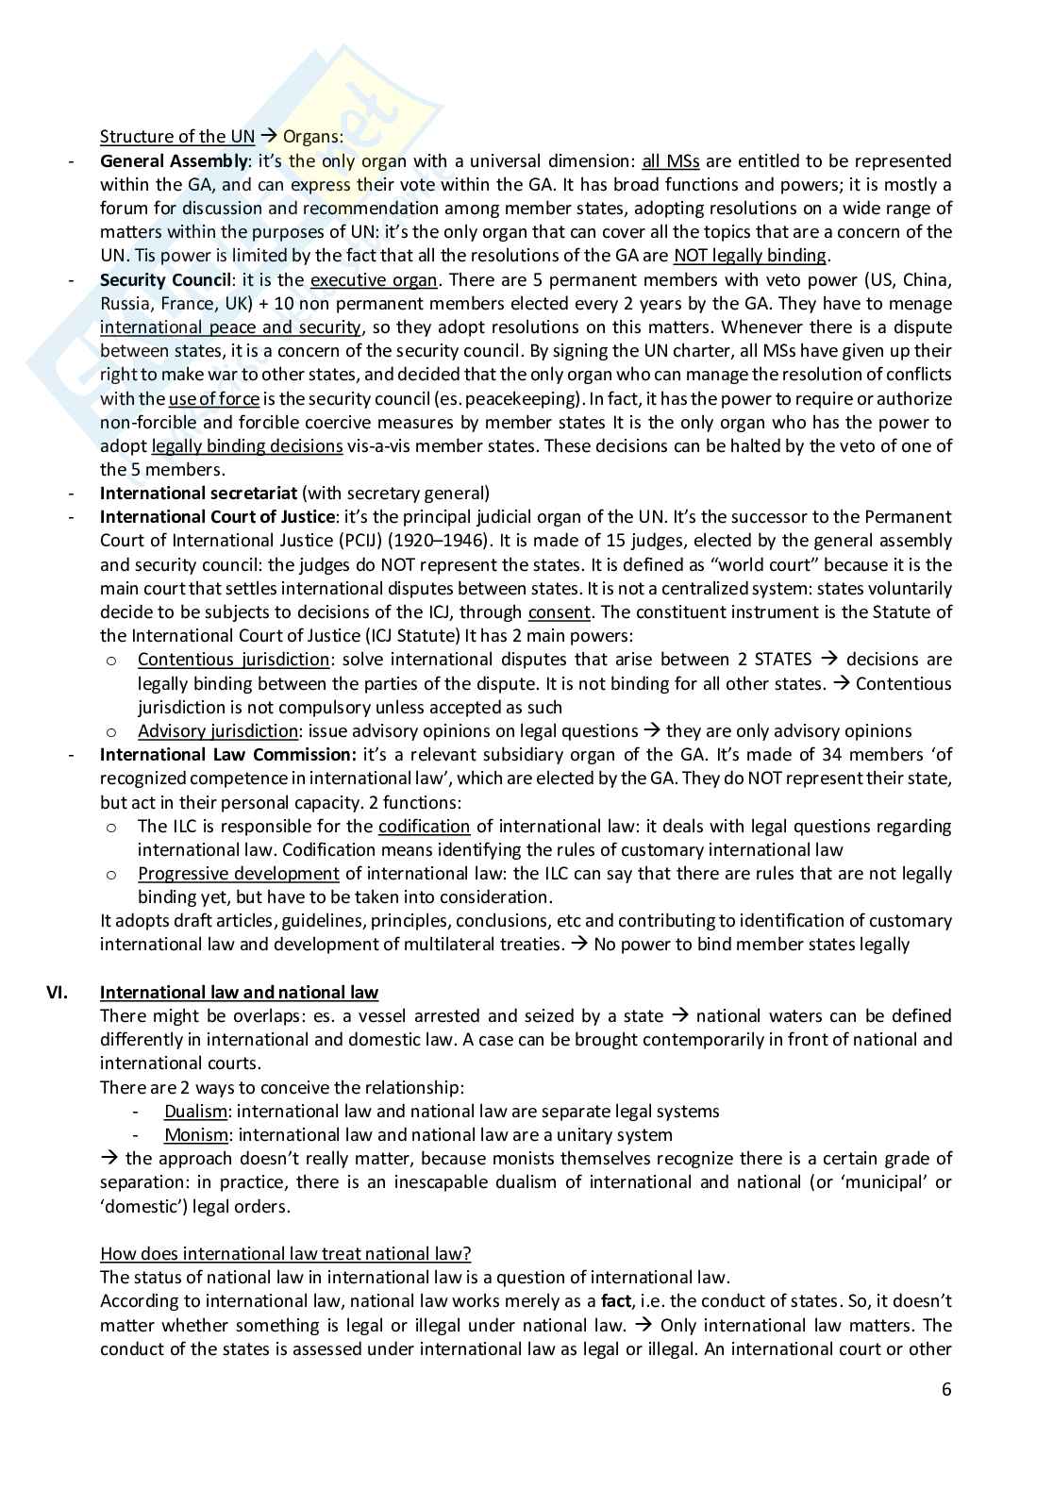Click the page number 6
tap(946, 1389)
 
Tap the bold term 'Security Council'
tap(165, 279)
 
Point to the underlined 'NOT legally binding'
tap(750, 256)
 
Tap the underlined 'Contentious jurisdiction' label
tap(233, 660)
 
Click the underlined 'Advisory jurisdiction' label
tap(218, 731)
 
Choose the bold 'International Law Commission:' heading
tap(228, 755)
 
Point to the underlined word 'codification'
tap(424, 827)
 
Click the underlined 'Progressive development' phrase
tap(238, 874)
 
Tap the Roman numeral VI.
tap(58, 992)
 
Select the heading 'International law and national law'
tap(239, 992)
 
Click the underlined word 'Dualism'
tap(195, 1112)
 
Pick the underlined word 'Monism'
tap(195, 1135)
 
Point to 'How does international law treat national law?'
tap(285, 1253)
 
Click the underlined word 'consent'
tap(559, 612)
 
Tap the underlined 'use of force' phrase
tap(213, 398)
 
